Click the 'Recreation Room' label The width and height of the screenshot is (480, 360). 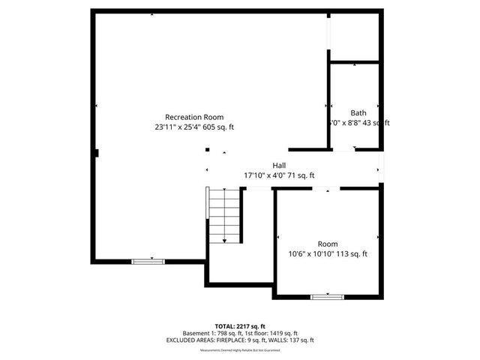[193, 117]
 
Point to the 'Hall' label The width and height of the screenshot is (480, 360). [279, 165]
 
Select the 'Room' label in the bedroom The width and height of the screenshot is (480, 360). [328, 244]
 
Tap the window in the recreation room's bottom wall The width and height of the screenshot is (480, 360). [148, 261]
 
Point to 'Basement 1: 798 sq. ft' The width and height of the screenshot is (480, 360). [210, 333]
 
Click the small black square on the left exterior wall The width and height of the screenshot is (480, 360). [96, 153]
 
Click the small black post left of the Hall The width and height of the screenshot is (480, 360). [207, 150]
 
